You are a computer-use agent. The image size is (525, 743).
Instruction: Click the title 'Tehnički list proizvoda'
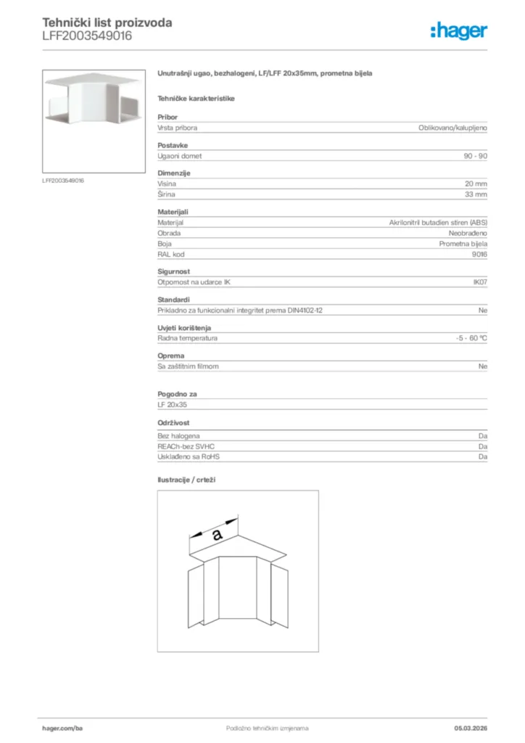click(x=107, y=22)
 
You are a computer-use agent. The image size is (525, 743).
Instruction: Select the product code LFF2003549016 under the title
click(x=87, y=36)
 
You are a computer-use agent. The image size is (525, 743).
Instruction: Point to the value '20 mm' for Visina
click(x=476, y=184)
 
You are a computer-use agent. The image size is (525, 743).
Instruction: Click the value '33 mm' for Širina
click(x=476, y=194)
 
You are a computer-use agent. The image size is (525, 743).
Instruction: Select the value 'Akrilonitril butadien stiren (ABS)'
click(x=438, y=223)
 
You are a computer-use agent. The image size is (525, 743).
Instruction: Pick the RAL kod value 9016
click(x=479, y=254)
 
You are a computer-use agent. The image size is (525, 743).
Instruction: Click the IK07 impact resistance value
click(x=480, y=282)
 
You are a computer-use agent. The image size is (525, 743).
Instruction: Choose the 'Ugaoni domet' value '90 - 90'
click(x=475, y=156)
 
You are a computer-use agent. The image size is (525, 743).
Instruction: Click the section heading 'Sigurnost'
click(x=174, y=271)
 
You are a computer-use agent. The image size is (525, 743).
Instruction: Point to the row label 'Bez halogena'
click(x=174, y=436)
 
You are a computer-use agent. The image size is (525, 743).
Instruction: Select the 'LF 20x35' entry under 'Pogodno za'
click(x=173, y=404)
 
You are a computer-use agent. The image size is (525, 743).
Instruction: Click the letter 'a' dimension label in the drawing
click(x=217, y=535)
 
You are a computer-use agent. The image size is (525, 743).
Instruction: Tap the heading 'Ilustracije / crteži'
click(x=187, y=480)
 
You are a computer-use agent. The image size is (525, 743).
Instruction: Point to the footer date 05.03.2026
click(x=466, y=728)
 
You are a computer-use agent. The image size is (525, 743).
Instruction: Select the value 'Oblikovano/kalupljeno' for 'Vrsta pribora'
click(x=452, y=128)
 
